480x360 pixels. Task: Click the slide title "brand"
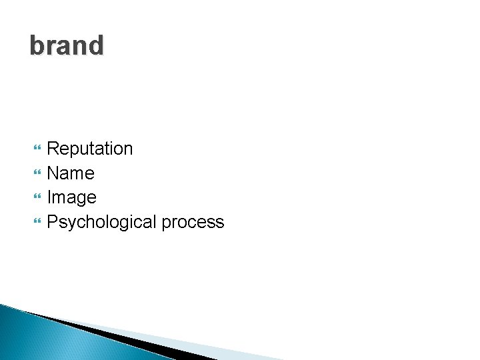67,46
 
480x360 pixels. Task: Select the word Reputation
90,149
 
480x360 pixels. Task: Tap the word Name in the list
71,173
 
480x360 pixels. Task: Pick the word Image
72,198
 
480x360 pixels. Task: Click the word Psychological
101,222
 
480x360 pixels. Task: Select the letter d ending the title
97,46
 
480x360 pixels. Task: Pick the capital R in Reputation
53,149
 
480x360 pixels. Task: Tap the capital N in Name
53,173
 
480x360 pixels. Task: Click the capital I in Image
49,198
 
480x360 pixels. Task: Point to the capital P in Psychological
53,222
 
